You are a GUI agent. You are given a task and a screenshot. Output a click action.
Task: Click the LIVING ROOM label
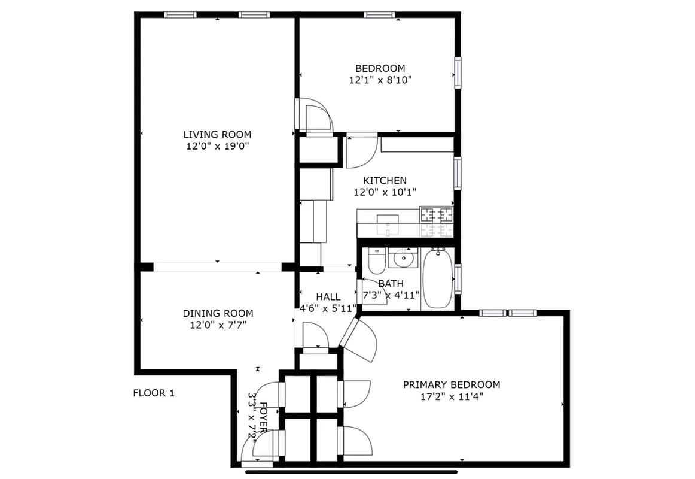click(217, 135)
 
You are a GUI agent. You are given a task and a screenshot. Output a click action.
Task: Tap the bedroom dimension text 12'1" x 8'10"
click(380, 80)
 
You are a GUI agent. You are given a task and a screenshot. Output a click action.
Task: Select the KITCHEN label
click(385, 180)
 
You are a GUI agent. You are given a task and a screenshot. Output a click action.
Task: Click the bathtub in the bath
click(438, 280)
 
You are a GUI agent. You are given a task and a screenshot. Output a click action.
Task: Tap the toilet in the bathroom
click(376, 260)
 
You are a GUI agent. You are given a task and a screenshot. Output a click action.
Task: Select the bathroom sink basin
click(403, 259)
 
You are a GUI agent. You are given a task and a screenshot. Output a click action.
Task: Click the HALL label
click(328, 296)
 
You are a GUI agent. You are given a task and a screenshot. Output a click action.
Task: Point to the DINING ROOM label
click(218, 313)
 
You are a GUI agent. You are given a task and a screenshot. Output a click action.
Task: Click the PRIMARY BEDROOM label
click(451, 384)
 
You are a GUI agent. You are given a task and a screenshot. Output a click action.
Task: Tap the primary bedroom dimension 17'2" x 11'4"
click(451, 396)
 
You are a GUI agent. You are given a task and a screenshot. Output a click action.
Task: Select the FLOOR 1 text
click(153, 393)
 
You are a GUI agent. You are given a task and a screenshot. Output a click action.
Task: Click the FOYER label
click(264, 416)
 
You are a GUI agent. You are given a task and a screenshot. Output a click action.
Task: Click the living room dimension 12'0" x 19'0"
click(217, 146)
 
